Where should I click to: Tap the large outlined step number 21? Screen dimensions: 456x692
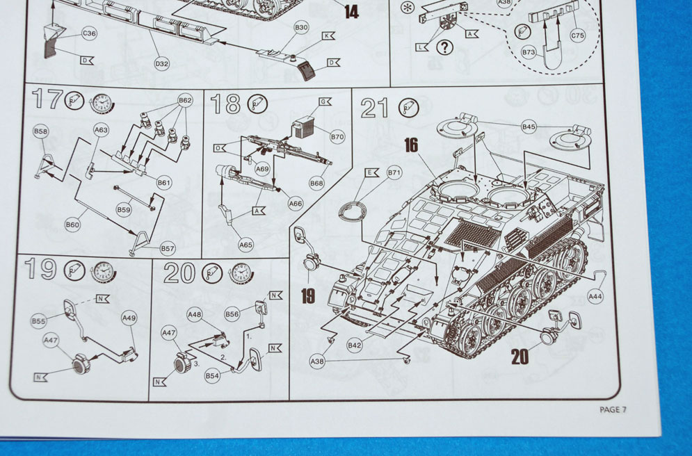pos(376,108)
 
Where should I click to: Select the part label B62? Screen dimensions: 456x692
pos(185,100)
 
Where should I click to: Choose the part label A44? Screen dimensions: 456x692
pos(595,296)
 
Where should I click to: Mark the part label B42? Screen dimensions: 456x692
pos(355,345)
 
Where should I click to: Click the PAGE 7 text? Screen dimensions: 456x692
pos(613,409)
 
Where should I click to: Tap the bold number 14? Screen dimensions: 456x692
pos(352,11)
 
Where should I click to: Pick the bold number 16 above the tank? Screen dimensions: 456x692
pos(411,145)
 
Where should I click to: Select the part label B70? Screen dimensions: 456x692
pos(337,137)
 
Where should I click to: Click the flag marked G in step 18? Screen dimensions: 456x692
pos(324,101)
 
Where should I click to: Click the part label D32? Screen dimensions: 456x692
pos(161,64)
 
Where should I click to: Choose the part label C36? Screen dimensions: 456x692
pos(89,33)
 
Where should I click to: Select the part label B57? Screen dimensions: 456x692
pos(168,247)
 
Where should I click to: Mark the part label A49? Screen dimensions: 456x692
pos(129,318)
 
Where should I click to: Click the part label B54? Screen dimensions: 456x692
pos(212,375)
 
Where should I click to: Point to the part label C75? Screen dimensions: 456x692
pos(577,35)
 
